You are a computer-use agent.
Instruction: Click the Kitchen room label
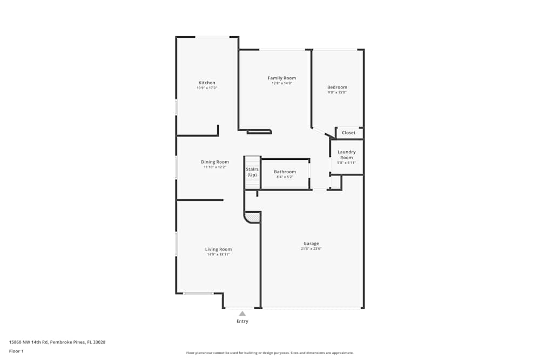pos(206,83)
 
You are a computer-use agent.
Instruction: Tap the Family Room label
pos(282,78)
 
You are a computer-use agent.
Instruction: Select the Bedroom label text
pos(337,87)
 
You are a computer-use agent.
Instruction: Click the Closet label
pos(348,133)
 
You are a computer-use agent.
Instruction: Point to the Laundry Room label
pos(346,155)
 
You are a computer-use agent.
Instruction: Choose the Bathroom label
pos(285,172)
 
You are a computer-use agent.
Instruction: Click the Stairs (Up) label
pos(252,172)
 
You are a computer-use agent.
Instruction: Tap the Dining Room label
pos(215,162)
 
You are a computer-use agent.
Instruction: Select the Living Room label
pos(218,249)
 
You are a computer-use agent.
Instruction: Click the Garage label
pos(311,243)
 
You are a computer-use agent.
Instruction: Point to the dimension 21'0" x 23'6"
pos(311,249)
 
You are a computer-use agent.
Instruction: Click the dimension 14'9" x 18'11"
pos(218,254)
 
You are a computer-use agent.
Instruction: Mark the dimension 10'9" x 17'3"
pos(206,88)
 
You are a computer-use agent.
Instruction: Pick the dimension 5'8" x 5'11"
pos(346,163)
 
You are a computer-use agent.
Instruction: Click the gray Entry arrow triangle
pos(242,314)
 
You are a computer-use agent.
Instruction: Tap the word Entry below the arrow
pos(242,321)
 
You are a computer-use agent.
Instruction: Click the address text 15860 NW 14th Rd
pos(30,342)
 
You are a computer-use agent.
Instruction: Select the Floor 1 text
pos(16,351)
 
